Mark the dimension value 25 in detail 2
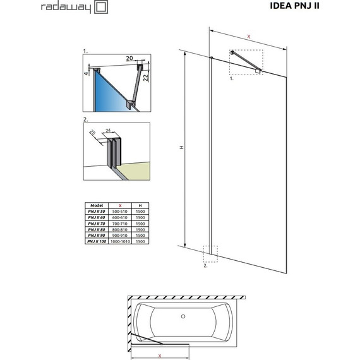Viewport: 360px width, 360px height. pos(92,133)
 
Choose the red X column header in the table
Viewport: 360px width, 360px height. pos(120,206)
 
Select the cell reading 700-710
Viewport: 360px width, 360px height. pos(120,224)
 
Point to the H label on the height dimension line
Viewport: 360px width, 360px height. pos(181,148)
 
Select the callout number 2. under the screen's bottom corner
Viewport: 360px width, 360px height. pos(205,266)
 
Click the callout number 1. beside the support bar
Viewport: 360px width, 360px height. pos(231,79)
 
